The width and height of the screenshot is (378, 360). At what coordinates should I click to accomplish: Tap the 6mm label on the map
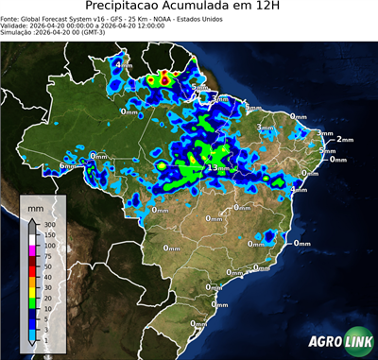point(66,166)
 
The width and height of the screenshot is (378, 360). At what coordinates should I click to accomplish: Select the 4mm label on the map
point(124,65)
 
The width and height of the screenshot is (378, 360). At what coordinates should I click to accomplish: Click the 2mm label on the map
point(345,139)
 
